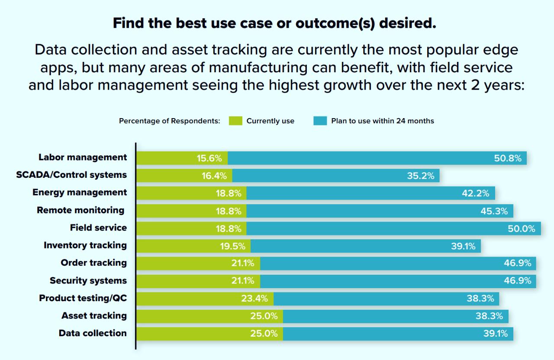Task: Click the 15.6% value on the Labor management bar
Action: coord(209,158)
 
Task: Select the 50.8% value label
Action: coord(508,158)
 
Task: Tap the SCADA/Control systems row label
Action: coord(71,175)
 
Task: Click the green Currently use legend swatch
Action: coord(235,121)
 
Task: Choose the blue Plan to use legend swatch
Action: coord(320,121)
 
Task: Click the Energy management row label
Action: coord(80,192)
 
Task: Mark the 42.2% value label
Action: coord(476,193)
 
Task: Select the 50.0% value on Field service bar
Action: coord(522,229)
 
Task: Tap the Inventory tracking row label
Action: coord(85,245)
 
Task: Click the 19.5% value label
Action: coord(232,247)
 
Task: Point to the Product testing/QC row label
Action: coord(83,298)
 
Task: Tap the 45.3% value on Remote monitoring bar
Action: coord(494,211)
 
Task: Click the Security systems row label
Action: coord(88,280)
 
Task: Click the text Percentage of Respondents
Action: coord(170,121)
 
